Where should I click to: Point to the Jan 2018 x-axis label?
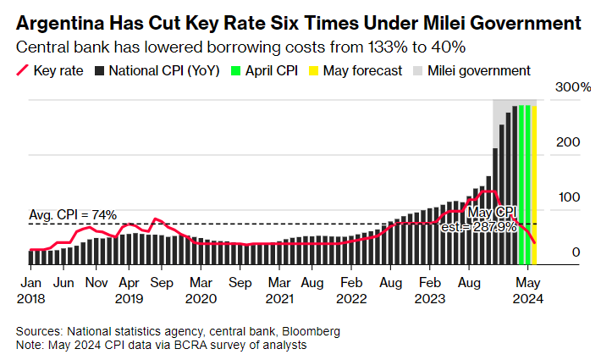pos(31,290)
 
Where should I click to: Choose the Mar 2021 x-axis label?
pos(280,290)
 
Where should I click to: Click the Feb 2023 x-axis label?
pos(431,290)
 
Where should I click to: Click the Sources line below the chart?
pos(178,331)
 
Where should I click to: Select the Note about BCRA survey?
pos(162,345)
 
